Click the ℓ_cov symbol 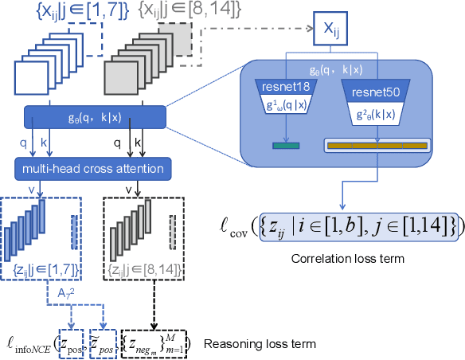pyautogui.click(x=236, y=229)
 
